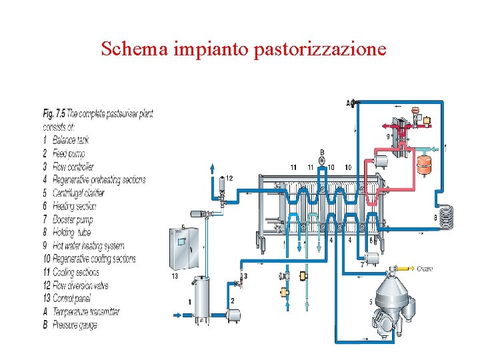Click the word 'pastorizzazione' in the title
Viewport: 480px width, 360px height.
coord(319,49)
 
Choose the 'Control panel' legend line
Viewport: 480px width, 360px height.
coord(67,299)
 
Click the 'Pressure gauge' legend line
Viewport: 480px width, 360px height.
coord(70,325)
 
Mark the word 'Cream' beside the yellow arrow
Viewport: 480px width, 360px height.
coord(425,269)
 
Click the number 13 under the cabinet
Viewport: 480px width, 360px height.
coord(175,275)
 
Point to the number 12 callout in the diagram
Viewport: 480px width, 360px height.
coord(229,178)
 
